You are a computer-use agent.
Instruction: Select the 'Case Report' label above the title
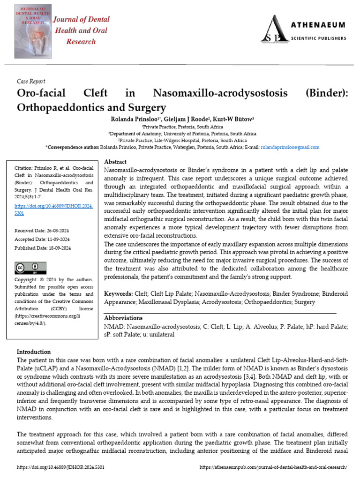coord(31,82)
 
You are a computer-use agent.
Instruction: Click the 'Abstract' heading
coord(115,161)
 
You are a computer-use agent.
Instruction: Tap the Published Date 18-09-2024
coord(43,248)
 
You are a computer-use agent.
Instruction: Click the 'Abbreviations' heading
coord(123,318)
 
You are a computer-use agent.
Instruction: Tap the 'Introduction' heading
coord(34,352)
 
